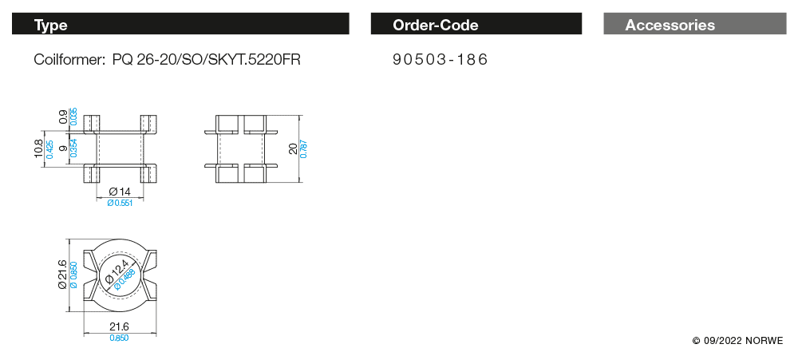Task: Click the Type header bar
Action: (x=180, y=24)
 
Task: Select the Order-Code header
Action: (x=476, y=24)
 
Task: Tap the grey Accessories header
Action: (x=695, y=24)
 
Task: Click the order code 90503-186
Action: (x=440, y=60)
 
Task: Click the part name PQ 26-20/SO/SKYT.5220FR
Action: (x=207, y=60)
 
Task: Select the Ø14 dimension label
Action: (x=120, y=192)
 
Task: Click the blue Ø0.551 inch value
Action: (x=120, y=204)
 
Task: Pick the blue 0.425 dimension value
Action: (x=49, y=149)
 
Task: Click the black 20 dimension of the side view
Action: (x=293, y=148)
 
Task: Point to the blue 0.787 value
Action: (x=304, y=148)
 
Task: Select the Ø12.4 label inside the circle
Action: (x=117, y=272)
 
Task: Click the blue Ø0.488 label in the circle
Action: (x=124, y=280)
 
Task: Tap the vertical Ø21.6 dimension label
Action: (x=62, y=275)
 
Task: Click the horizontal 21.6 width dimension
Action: (x=119, y=326)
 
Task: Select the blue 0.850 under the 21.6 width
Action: (x=119, y=338)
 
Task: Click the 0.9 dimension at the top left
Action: (x=64, y=117)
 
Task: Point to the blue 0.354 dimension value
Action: (x=73, y=148)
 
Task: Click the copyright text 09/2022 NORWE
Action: (x=738, y=341)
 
